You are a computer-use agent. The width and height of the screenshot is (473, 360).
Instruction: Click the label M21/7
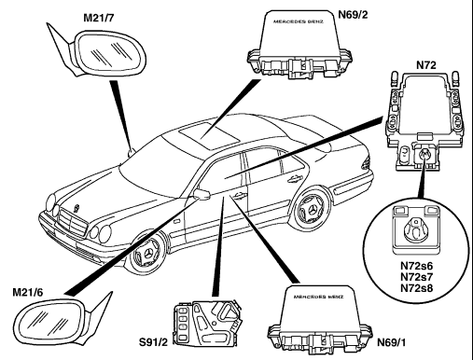coord(99,19)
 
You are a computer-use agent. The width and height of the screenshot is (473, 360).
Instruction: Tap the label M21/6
coord(28,292)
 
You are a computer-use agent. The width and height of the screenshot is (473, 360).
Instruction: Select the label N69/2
coord(353,15)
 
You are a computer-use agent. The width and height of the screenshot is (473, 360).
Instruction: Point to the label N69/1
coord(391,342)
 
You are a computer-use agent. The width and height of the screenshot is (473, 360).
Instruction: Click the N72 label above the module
coord(426,65)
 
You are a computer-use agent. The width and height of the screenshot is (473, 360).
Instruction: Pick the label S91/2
coord(153,342)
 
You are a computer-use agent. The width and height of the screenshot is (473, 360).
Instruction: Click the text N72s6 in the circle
coord(416,266)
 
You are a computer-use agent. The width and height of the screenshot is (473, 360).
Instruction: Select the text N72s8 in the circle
coord(416,288)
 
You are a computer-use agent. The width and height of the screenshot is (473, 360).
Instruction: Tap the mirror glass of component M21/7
coord(110,52)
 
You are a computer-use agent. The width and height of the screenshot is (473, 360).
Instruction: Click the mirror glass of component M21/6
coord(50,320)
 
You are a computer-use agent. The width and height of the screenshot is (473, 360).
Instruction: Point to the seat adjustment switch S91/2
coord(207,324)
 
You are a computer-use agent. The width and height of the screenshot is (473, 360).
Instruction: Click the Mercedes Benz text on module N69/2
coord(299,21)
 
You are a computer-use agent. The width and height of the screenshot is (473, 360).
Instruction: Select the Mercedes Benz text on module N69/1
coord(318,297)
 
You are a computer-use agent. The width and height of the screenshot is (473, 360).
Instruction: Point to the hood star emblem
coord(77,207)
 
